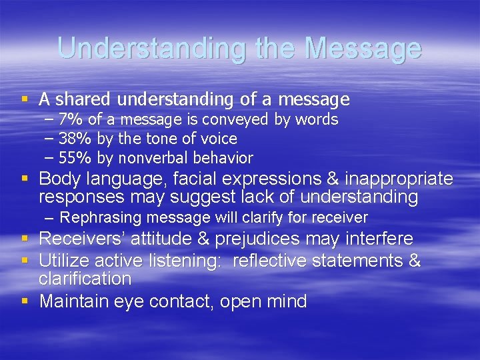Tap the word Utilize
pyautogui.click(x=63, y=260)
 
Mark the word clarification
pyautogui.click(x=85, y=278)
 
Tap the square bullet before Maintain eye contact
pyautogui.click(x=26, y=302)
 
